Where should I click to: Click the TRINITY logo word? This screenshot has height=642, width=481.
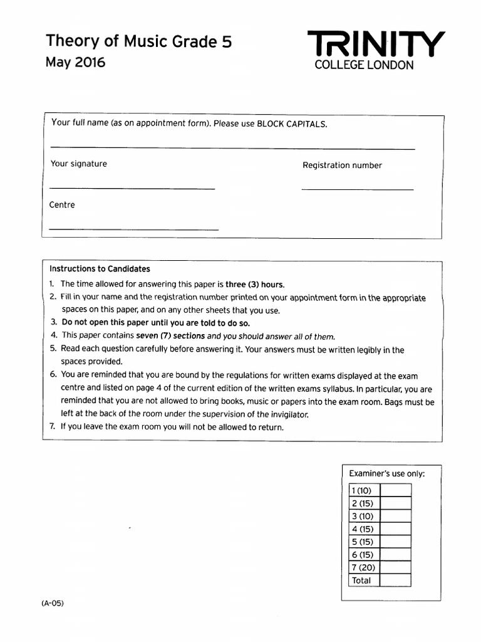pos(376,45)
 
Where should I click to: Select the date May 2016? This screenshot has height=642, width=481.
pos(75,62)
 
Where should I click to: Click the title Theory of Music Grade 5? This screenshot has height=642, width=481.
pos(139,41)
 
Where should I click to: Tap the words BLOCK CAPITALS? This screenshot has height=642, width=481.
pos(292,124)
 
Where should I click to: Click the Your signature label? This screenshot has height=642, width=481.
pos(79,164)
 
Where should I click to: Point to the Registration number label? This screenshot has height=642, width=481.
pos(342,166)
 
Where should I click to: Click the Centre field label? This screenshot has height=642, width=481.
pos(62,205)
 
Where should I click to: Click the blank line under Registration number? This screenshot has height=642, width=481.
pos(357,189)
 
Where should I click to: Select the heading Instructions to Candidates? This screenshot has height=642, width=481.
pos(100,269)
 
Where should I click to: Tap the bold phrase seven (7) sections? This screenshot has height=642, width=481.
pos(170,335)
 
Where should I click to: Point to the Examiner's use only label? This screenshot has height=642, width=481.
pos(386,473)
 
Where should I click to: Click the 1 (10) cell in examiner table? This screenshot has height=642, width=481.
pos(363,490)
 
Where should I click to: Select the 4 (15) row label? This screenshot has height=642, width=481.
pos(363,529)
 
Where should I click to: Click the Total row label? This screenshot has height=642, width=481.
pos(361,580)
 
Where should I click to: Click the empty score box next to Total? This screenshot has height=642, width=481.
pos(395,580)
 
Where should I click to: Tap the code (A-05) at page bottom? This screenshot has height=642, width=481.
pos(53,603)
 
